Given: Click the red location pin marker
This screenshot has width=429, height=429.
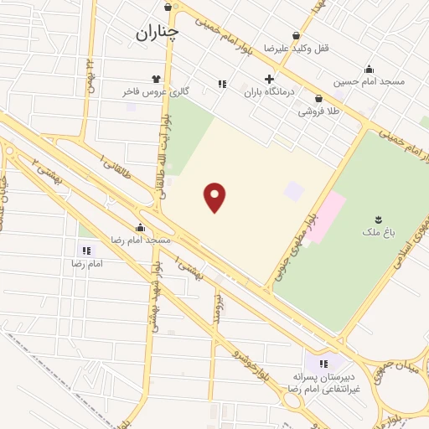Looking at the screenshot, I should click(215, 197).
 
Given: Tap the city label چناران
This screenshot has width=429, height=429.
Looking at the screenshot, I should click(157, 32).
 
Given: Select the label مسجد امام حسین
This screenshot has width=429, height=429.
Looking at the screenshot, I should click(370, 81).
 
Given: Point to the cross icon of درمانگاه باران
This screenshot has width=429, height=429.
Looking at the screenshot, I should click(268, 79).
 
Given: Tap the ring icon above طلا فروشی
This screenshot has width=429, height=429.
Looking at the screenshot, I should click(318, 98).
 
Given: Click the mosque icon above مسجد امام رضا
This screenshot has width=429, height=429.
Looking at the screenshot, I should click(140, 227).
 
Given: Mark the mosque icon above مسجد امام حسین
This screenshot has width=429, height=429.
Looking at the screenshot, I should click(369, 70).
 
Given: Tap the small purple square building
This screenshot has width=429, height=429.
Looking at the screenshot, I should click(292, 191).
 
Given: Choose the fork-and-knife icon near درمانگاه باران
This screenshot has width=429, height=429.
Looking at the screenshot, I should click(222, 84).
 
